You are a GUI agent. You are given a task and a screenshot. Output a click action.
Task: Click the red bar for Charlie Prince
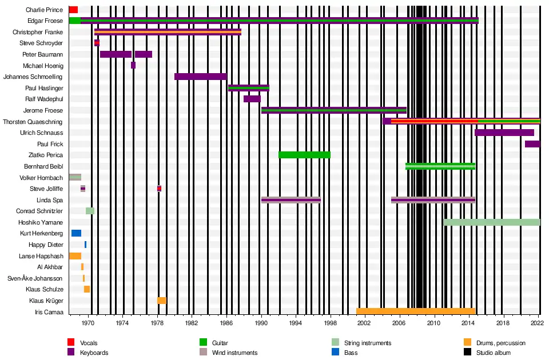(73, 10)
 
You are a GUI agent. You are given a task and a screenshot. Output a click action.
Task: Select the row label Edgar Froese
(46, 21)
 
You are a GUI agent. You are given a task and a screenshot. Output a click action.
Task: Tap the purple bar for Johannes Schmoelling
(200, 77)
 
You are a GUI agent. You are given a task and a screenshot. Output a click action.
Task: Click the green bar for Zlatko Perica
(304, 155)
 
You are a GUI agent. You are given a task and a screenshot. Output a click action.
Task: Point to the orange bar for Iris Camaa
(416, 311)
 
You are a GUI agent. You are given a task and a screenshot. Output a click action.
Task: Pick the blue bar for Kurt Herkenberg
(76, 233)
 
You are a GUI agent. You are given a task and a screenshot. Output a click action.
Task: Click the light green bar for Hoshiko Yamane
(492, 222)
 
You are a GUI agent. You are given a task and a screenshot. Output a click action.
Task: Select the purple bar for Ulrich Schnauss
(504, 133)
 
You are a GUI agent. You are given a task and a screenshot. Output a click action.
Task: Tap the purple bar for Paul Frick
(532, 144)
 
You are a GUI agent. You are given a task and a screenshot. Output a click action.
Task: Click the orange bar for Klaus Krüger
(162, 301)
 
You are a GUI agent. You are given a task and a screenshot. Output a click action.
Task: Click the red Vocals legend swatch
(71, 343)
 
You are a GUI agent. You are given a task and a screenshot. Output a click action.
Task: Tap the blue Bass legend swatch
(335, 353)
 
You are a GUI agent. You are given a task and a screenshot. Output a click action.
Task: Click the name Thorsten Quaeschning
(33, 122)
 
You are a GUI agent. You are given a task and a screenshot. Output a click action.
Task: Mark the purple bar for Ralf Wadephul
(252, 99)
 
